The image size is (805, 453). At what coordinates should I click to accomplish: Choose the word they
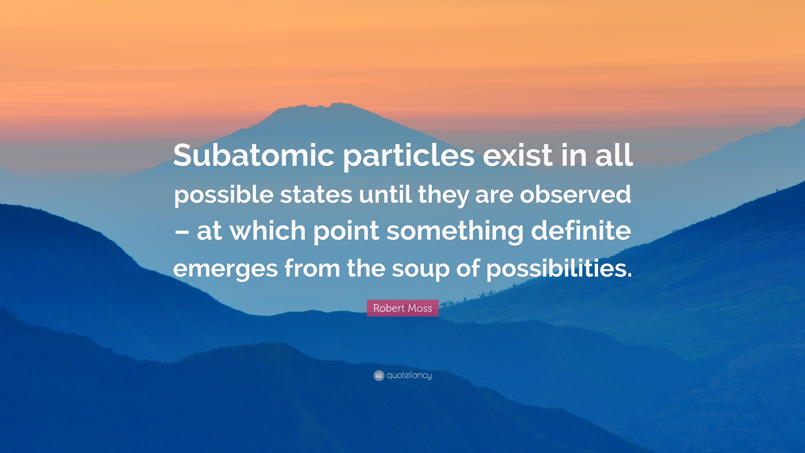[x=443, y=195]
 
